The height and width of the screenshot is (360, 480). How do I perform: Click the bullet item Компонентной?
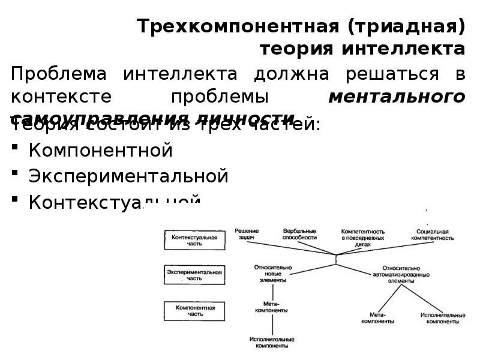coord(101,150)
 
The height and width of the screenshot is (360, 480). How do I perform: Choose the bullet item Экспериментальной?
coord(128,176)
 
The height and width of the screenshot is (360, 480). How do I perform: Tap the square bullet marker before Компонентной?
coord(17,150)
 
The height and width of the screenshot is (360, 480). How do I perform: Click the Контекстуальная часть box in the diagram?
coord(194,241)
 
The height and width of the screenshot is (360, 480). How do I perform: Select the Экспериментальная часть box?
coord(194,275)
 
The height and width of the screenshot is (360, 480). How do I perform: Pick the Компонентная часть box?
coord(194,310)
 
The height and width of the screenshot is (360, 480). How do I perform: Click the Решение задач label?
coord(247,234)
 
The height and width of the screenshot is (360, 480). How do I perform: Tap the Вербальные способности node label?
coord(299,234)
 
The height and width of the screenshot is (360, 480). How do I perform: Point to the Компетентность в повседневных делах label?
coord(362,237)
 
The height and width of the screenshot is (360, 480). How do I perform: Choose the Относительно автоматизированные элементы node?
coord(401,274)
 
